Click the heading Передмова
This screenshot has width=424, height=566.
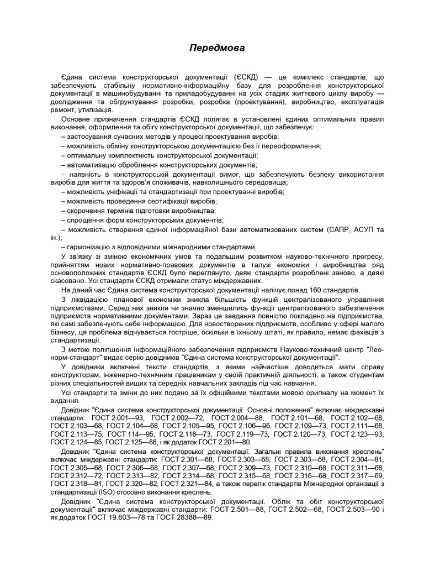tap(212, 49)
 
